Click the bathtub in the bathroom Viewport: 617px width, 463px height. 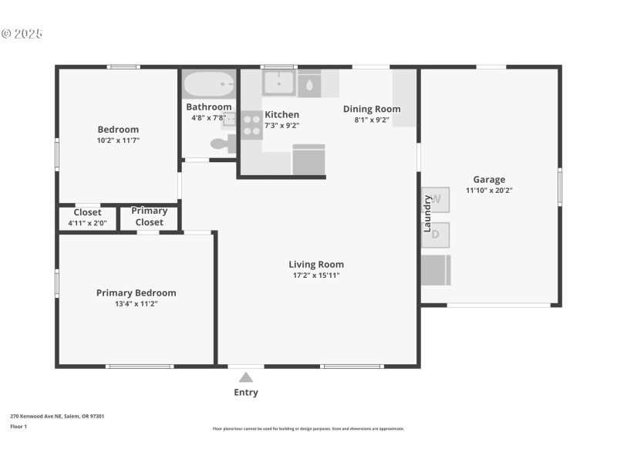[x=209, y=83]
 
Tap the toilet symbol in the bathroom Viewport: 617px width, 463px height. [x=221, y=143]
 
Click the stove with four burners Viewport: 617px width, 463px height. [x=251, y=125]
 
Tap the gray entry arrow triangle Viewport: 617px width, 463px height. [x=246, y=377]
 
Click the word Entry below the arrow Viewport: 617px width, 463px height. [x=246, y=392]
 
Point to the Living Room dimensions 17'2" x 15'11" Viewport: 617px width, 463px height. [x=316, y=275]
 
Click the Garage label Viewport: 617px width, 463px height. [x=489, y=180]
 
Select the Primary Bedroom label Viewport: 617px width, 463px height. [x=136, y=292]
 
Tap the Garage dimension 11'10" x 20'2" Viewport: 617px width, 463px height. [x=489, y=191]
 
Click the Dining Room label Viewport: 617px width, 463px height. [x=372, y=109]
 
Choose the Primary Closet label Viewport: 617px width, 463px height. [x=149, y=216]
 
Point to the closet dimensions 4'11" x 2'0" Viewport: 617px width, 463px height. [x=87, y=223]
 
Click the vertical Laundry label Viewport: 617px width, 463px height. [x=427, y=213]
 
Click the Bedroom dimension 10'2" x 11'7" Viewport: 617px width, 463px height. [x=118, y=140]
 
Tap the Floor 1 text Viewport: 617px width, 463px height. [x=19, y=426]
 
